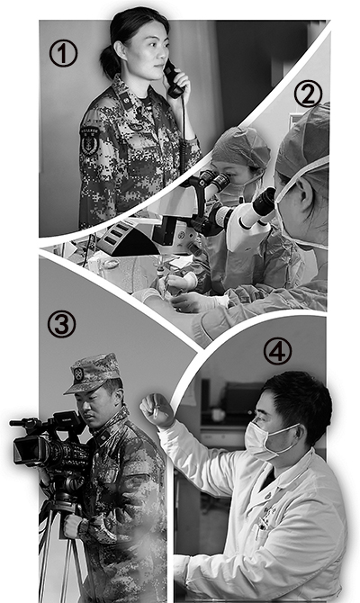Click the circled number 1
coord(63,53)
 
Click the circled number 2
coord(308,94)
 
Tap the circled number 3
coord(61,324)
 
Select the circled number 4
coord(277,351)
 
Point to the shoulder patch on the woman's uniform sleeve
coord(90,140)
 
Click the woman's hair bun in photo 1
coord(109,60)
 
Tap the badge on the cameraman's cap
coord(79,373)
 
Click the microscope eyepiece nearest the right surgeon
coord(265,201)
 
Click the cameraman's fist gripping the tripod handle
coord(72,526)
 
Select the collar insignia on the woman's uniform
coord(125,101)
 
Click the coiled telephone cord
coord(183,127)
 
